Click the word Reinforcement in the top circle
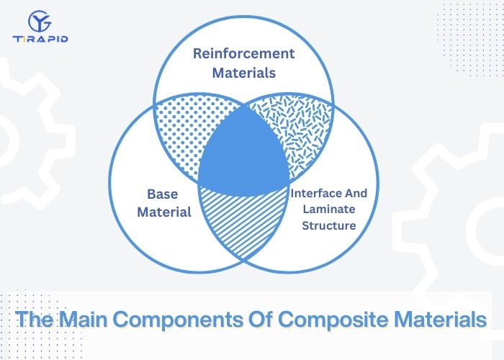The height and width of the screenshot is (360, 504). pos(243,53)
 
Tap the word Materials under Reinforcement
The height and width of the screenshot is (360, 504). pos(244,73)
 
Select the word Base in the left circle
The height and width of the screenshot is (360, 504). pos(162,194)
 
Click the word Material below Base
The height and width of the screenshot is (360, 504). pos(164,212)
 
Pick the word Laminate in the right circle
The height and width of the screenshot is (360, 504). pos(329,210)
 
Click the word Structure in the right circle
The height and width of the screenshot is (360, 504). pos(329,225)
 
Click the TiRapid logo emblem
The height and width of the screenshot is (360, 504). pos(40,21)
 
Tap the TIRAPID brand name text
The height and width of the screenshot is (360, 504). pos(40,39)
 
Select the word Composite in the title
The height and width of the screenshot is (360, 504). pos(333,319)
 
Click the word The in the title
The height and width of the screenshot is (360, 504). pos(35,319)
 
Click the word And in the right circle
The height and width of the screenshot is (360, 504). pos(356,193)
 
